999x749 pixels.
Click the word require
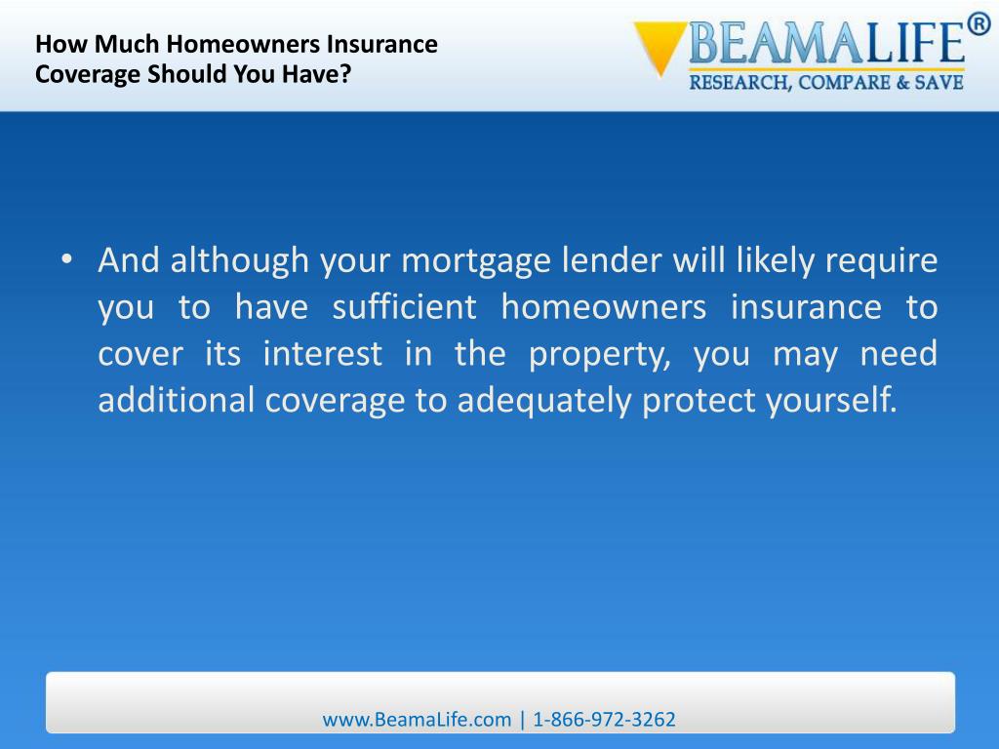[882, 262]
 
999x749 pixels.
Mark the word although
[235, 262]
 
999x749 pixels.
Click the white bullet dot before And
[66, 261]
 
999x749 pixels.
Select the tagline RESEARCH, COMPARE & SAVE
[826, 83]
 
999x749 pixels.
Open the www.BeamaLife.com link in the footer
[417, 720]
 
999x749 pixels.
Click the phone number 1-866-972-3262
[604, 720]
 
